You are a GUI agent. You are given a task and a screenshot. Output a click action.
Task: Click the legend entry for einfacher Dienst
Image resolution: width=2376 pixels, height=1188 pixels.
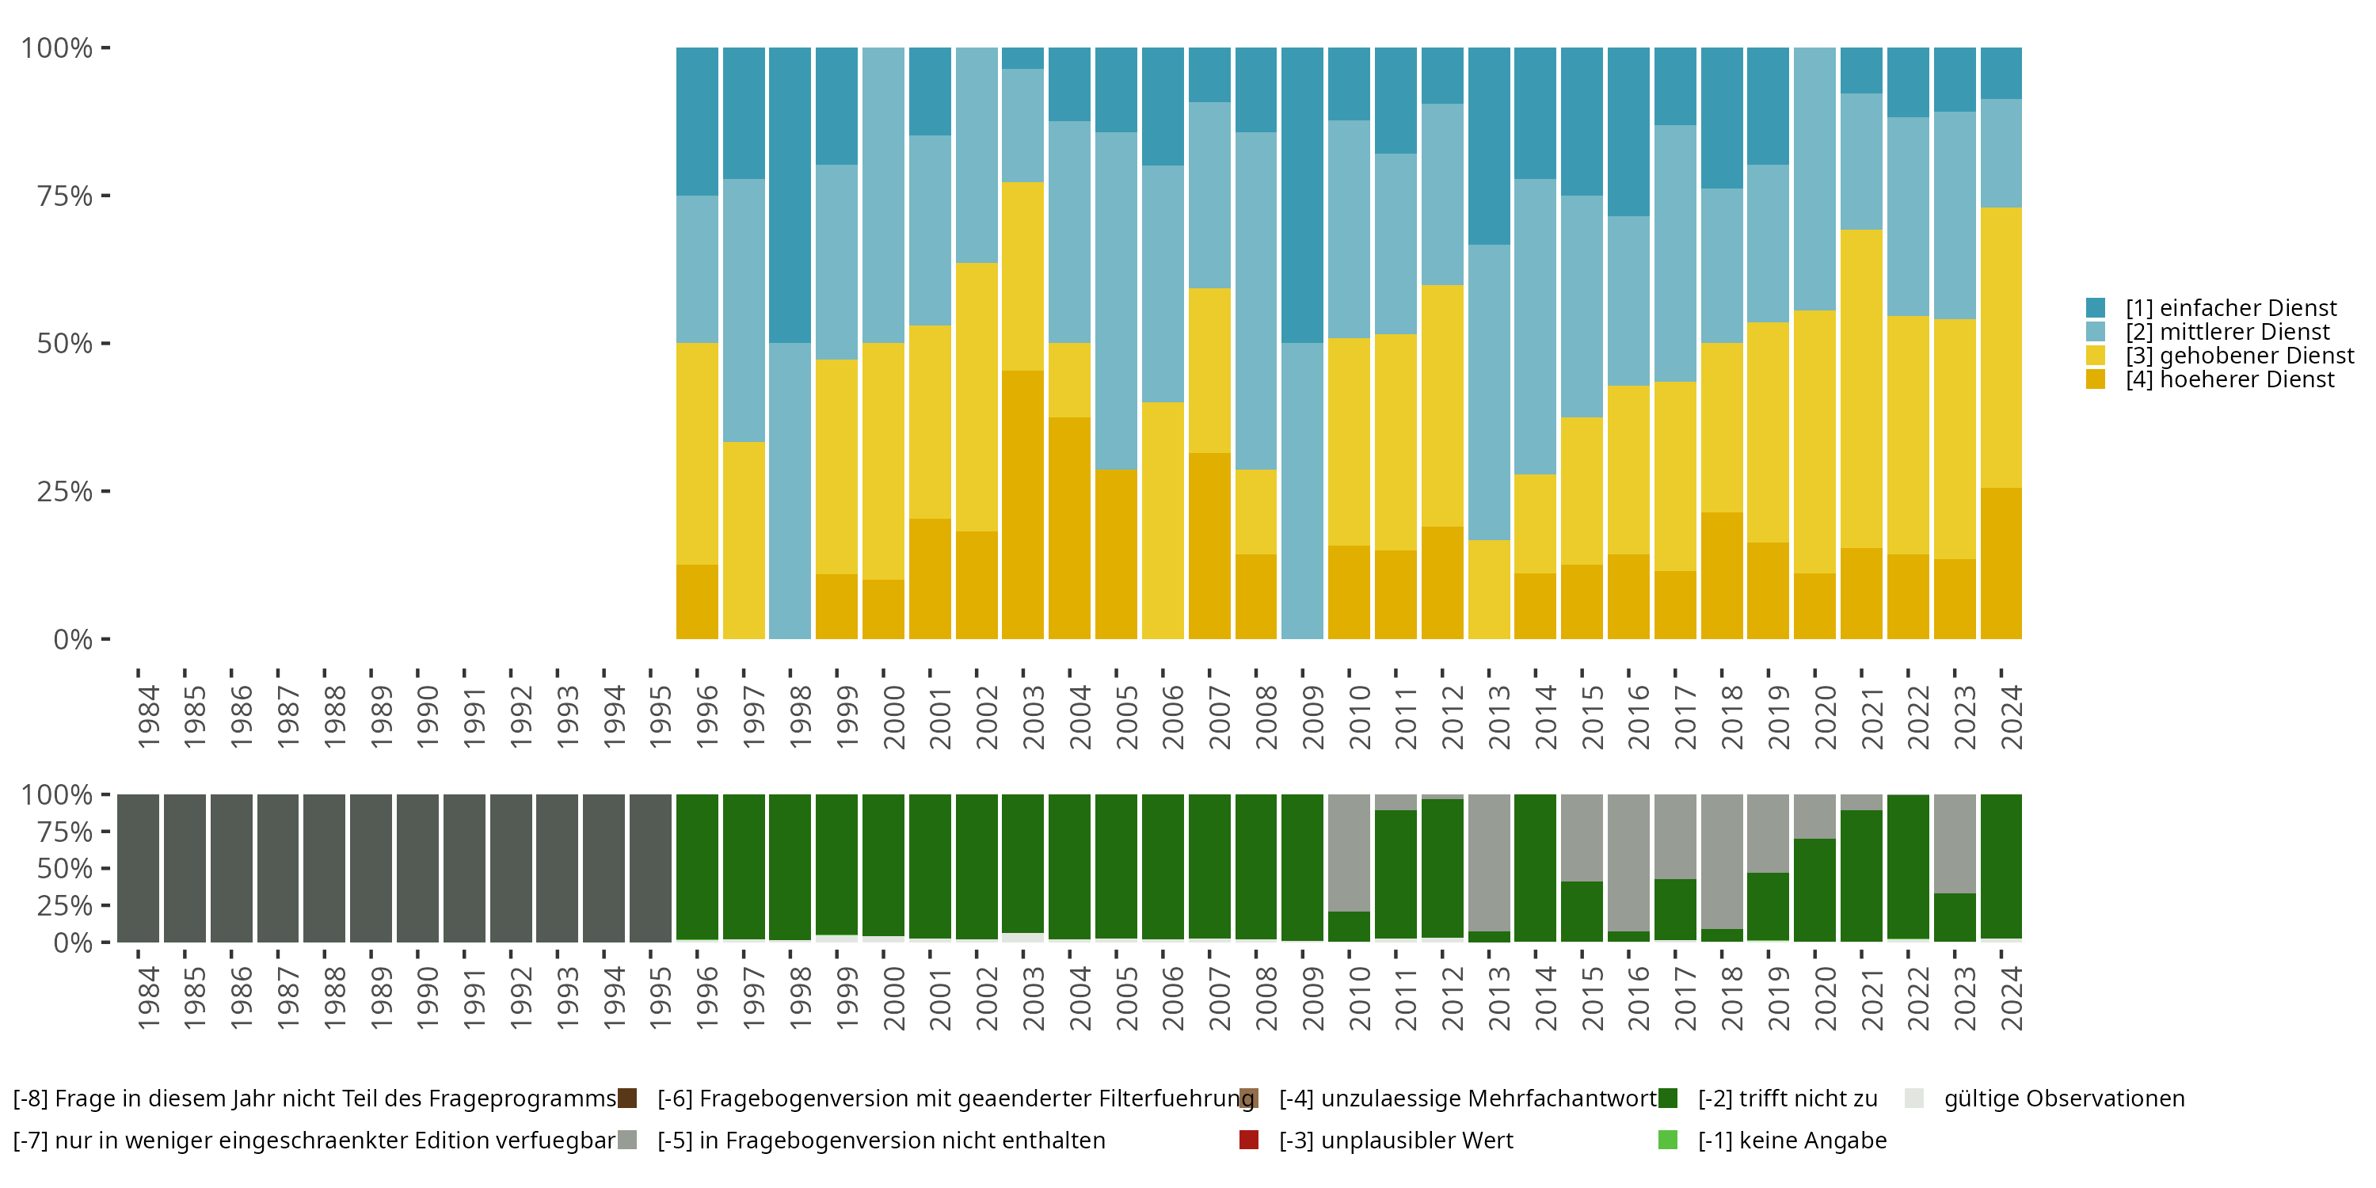[x=2230, y=308]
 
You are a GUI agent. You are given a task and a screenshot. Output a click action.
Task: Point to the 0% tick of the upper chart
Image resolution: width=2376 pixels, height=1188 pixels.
[x=73, y=639]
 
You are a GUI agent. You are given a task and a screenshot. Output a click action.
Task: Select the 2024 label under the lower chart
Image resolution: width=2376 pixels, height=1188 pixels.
[x=2011, y=999]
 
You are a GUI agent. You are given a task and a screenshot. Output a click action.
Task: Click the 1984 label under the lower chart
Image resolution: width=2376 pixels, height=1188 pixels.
[x=147, y=999]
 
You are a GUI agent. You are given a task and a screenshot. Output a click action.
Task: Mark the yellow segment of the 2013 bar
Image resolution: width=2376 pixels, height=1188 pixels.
[x=1489, y=589]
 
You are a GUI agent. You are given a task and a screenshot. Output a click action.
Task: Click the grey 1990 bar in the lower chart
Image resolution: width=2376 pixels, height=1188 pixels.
[x=418, y=868]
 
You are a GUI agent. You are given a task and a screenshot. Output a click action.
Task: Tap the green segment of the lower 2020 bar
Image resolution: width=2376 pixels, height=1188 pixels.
[x=1814, y=890]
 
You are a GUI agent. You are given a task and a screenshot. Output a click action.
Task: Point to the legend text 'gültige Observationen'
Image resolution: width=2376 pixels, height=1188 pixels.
[x=2063, y=1099]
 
